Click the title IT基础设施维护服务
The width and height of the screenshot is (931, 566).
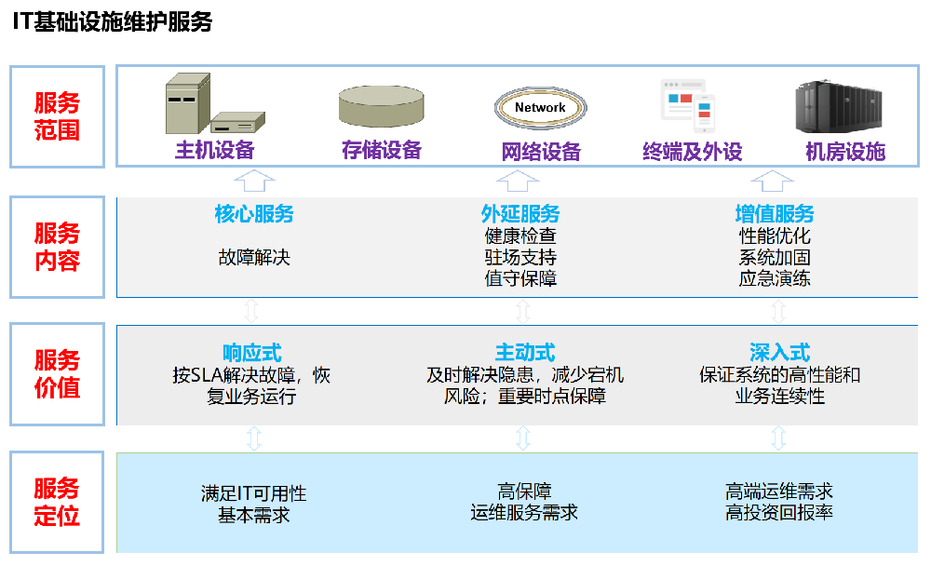click(x=112, y=22)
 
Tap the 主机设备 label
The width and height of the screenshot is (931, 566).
click(x=215, y=151)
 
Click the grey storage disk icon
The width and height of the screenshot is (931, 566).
click(x=381, y=106)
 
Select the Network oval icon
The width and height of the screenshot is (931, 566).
click(x=540, y=107)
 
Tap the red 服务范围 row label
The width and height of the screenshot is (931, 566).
click(x=57, y=116)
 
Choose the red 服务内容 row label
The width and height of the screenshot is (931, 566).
click(x=57, y=247)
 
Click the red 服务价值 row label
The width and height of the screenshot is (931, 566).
click(x=57, y=374)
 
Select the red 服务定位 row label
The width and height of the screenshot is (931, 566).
click(x=57, y=502)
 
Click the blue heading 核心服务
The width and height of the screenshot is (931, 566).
click(x=254, y=215)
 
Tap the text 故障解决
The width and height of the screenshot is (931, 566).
click(x=254, y=257)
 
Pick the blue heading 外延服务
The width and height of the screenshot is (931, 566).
click(x=520, y=215)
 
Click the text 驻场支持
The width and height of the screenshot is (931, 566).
click(x=520, y=257)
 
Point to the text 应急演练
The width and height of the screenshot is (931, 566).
click(x=775, y=277)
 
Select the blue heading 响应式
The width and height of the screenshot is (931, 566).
click(x=251, y=353)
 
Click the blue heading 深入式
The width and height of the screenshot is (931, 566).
click(x=779, y=353)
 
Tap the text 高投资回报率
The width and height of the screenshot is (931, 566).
click(x=779, y=513)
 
